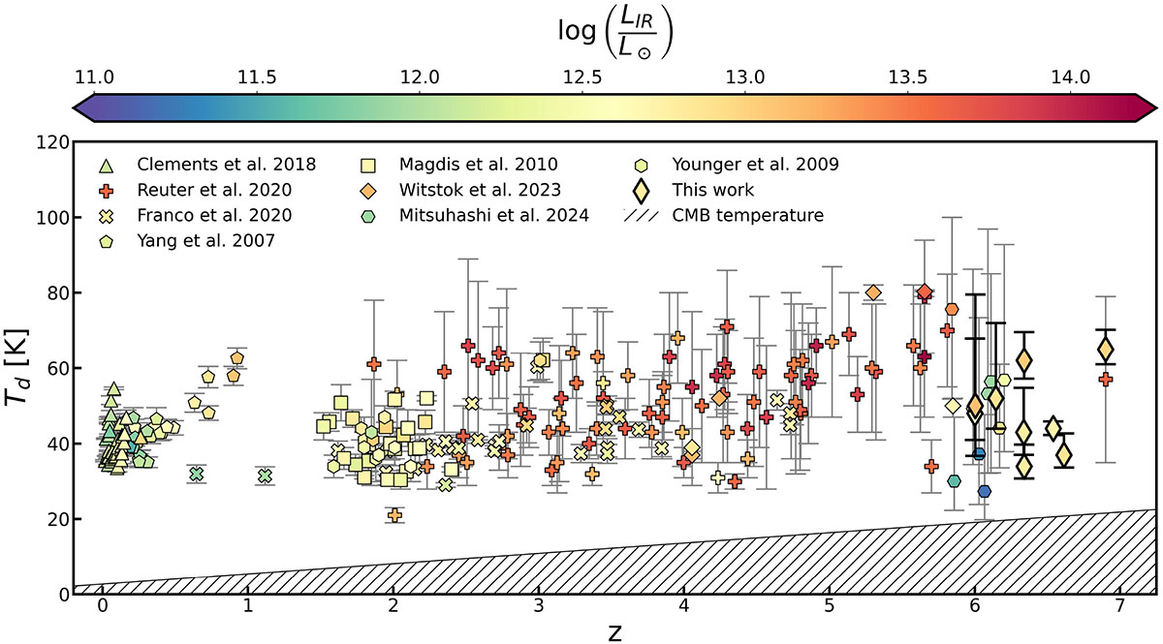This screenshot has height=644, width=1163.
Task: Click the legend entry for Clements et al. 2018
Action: coord(227,164)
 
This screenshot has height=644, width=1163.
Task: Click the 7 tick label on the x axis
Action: coord(1120,612)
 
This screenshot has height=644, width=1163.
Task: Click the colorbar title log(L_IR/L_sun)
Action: coord(613,28)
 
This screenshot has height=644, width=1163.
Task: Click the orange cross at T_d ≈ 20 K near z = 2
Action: coord(394,515)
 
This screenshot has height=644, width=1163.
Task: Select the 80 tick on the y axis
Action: coord(54,292)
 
